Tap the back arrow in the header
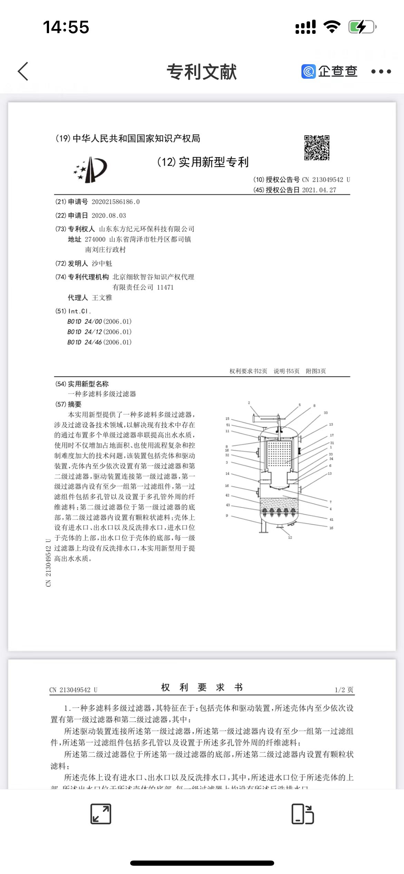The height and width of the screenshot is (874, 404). (23, 71)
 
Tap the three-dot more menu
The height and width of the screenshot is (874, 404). (381, 71)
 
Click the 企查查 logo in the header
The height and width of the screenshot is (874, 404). (329, 71)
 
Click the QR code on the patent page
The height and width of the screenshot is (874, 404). (317, 148)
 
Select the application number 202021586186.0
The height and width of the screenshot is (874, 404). (116, 202)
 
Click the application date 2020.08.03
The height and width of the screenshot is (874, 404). (109, 216)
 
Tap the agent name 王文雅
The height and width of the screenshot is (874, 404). (102, 298)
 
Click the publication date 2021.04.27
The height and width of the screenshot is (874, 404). (319, 190)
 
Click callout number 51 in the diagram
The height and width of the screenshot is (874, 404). (228, 425)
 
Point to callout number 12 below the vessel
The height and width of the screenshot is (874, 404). (290, 537)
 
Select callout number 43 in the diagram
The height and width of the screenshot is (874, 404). (228, 505)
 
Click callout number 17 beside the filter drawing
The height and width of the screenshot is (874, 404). (332, 435)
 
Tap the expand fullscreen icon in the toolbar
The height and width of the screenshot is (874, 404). (101, 814)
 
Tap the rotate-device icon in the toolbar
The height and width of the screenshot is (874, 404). (302, 814)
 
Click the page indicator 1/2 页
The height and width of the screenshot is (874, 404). (344, 690)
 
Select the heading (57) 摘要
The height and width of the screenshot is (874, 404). (69, 404)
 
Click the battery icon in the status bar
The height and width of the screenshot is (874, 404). (362, 27)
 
